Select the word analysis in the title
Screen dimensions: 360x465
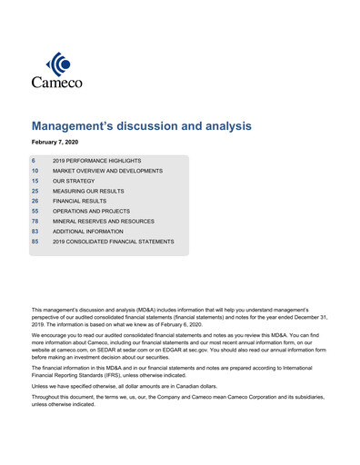pyautogui.click(x=216, y=126)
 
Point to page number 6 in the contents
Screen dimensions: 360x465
pyautogui.click(x=34, y=160)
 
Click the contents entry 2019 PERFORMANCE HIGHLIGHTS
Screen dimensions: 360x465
pyautogui.click(x=97, y=160)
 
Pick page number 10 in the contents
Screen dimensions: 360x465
pyautogui.click(x=35, y=170)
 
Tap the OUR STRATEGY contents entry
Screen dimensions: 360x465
pyautogui.click(x=73, y=181)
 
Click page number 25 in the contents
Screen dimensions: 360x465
pyautogui.click(x=35, y=191)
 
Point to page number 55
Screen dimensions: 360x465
pyautogui.click(x=35, y=211)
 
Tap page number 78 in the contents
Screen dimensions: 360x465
pyautogui.click(x=35, y=221)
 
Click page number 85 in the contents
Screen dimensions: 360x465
pyautogui.click(x=35, y=242)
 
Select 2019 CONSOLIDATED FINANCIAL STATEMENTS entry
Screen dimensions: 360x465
pyautogui.click(x=114, y=242)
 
